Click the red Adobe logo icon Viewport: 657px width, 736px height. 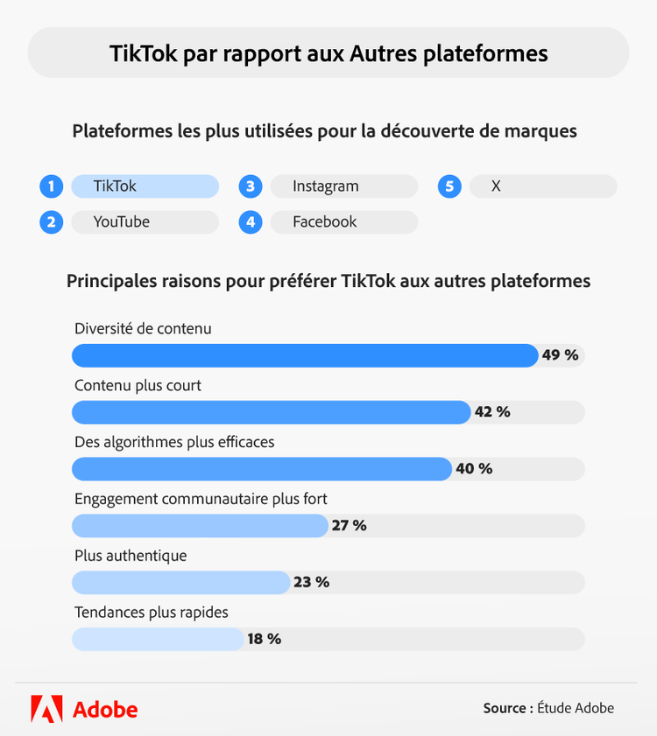click(46, 708)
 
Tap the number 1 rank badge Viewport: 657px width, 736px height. click(52, 186)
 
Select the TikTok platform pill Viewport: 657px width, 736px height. click(144, 186)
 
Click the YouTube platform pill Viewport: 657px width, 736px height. click(144, 222)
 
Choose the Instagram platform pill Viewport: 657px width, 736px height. click(343, 186)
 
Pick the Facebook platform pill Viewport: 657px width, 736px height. click(343, 222)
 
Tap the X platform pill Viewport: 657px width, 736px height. click(542, 186)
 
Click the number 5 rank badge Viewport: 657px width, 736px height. click(449, 186)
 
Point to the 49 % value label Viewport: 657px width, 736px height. click(561, 355)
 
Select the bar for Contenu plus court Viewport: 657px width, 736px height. click(271, 412)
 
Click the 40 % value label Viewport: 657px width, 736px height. click(474, 469)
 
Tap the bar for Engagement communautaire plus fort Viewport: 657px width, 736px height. click(199, 526)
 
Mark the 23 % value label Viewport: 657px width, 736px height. click(311, 582)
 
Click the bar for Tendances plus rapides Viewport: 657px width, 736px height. click(158, 639)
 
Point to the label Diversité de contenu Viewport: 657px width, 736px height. click(143, 329)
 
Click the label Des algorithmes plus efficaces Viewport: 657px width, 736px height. click(174, 442)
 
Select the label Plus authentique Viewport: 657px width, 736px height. click(131, 556)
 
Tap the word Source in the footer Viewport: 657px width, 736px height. click(505, 708)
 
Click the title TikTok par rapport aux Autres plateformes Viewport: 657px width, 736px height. click(328, 53)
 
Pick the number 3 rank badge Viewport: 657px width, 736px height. click(251, 186)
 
